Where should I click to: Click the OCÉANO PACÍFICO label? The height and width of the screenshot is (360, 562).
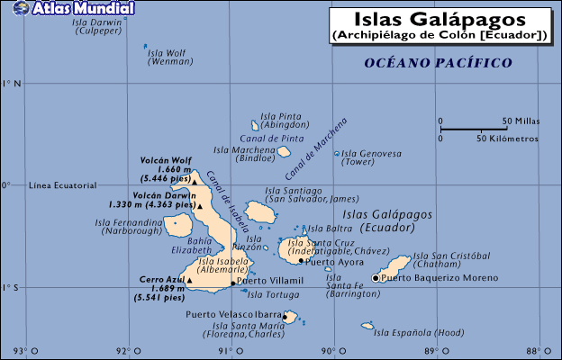coord(438,63)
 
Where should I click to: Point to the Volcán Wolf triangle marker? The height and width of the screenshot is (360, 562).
coord(194,180)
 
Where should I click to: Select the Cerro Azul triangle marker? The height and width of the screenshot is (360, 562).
coord(189,280)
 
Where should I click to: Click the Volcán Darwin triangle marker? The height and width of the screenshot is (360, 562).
coord(201,205)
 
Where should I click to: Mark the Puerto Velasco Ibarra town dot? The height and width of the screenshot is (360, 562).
coord(286,316)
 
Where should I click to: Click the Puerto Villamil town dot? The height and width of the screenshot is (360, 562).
coord(232,283)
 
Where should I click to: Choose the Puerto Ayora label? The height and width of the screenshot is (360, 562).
coord(333,263)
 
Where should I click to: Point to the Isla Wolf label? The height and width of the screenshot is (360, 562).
coord(169,53)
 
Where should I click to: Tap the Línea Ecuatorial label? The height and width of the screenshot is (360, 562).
coord(62,185)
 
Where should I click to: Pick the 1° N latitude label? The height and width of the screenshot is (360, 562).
coord(13,84)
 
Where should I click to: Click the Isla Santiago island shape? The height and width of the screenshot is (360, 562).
coord(260,212)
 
